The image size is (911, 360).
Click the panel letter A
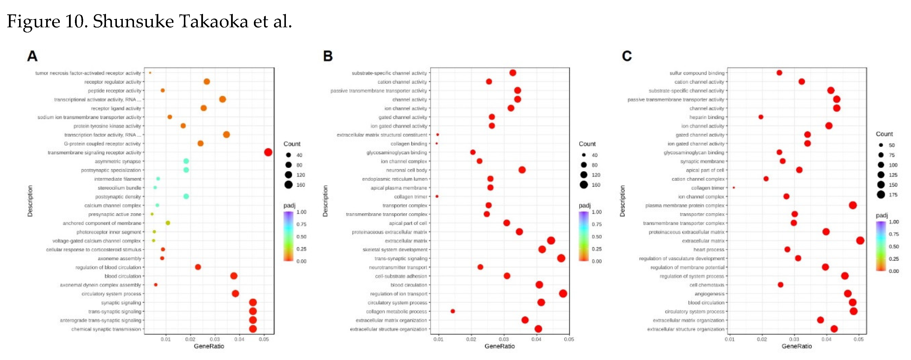pyautogui.click(x=32, y=56)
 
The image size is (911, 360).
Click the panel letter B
pyautogui.click(x=328, y=56)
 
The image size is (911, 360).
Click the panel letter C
pyautogui.click(x=626, y=56)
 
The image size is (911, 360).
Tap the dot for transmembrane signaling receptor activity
pyautogui.click(x=268, y=152)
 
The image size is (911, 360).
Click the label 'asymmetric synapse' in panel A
pyautogui.click(x=118, y=161)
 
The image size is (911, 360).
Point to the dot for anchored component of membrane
pyautogui.click(x=168, y=223)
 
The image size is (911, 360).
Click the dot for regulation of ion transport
pyautogui.click(x=563, y=294)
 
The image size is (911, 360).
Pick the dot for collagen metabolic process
pyautogui.click(x=453, y=311)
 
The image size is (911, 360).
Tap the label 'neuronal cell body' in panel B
pyautogui.click(x=406, y=170)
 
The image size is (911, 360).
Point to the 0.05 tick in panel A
pyautogui.click(x=264, y=339)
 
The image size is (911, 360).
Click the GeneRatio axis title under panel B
pyautogui.click(x=499, y=346)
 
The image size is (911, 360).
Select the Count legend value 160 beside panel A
pyautogui.click(x=300, y=185)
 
